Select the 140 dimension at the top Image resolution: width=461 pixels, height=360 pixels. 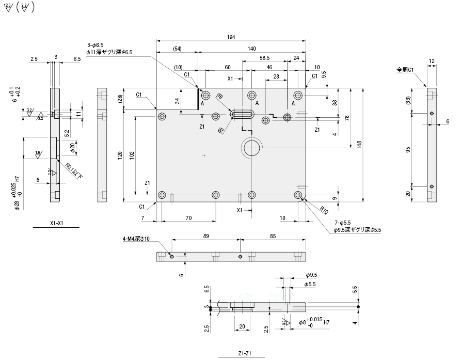pyautogui.click(x=251, y=48)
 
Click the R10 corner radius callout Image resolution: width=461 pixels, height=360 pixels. pyautogui.click(x=324, y=210)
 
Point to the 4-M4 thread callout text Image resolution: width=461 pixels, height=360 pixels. pyautogui.click(x=136, y=239)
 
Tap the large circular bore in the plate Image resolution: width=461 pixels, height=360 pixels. pyautogui.click(x=252, y=148)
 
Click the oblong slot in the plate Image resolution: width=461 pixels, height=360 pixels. pyautogui.click(x=243, y=114)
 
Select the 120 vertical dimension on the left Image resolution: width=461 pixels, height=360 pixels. pyautogui.click(x=120, y=154)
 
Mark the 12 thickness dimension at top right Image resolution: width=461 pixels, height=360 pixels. pyautogui.click(x=432, y=61)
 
